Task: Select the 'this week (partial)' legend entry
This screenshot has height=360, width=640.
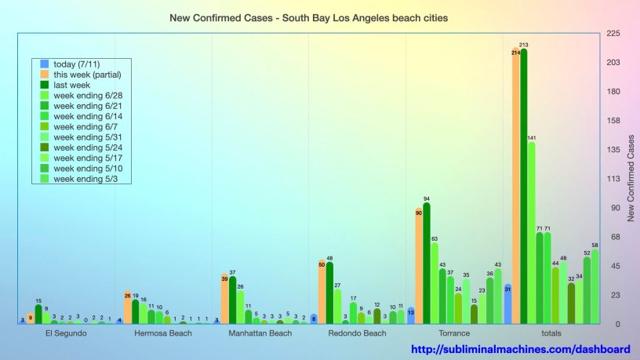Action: point(86,75)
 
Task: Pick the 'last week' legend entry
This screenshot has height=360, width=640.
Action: point(71,85)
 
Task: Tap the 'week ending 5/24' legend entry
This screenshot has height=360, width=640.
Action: point(85,147)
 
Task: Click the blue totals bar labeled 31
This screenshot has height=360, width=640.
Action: point(507,304)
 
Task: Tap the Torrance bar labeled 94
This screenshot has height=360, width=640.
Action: point(426,263)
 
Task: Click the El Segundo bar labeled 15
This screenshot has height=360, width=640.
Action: point(38,314)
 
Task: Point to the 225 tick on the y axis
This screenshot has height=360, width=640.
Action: point(611,34)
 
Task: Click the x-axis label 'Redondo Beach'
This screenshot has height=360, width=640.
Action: point(358,333)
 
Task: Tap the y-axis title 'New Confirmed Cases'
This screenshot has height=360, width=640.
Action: point(629,178)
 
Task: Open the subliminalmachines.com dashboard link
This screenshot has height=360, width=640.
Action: point(521,349)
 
